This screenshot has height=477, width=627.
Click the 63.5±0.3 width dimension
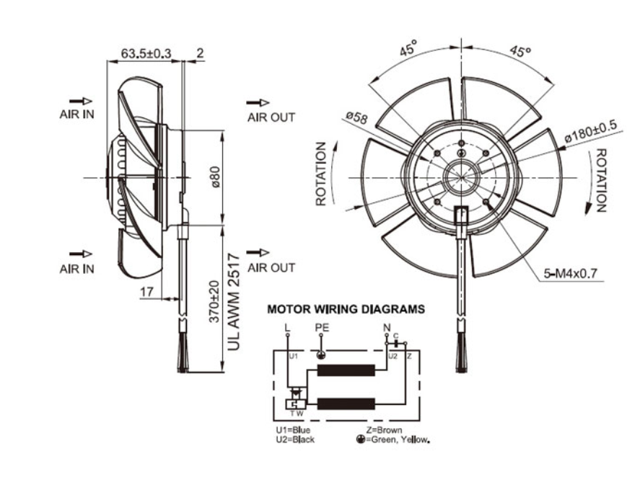(x=146, y=53)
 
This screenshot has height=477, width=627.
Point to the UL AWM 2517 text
(x=232, y=302)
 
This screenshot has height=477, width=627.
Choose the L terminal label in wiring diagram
(x=287, y=329)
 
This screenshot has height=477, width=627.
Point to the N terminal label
(x=387, y=329)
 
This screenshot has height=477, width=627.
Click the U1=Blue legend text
(x=293, y=430)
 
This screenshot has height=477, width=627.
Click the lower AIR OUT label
(x=271, y=267)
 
